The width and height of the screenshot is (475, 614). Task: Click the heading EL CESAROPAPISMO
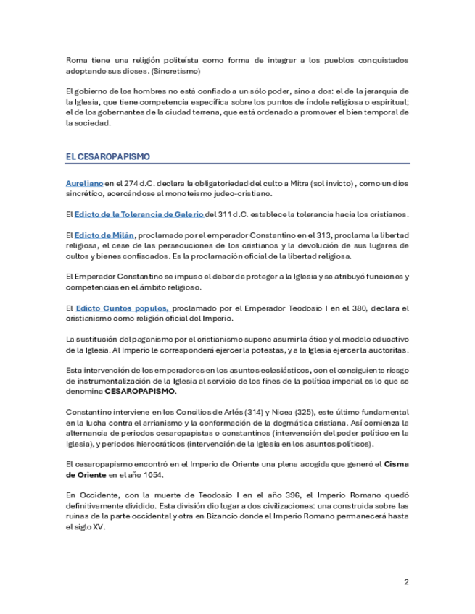click(107, 156)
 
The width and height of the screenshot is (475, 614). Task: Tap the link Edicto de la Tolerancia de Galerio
click(139, 214)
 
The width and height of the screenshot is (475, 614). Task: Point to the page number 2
click(406, 581)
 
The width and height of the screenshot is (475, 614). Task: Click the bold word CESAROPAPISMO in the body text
click(140, 391)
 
